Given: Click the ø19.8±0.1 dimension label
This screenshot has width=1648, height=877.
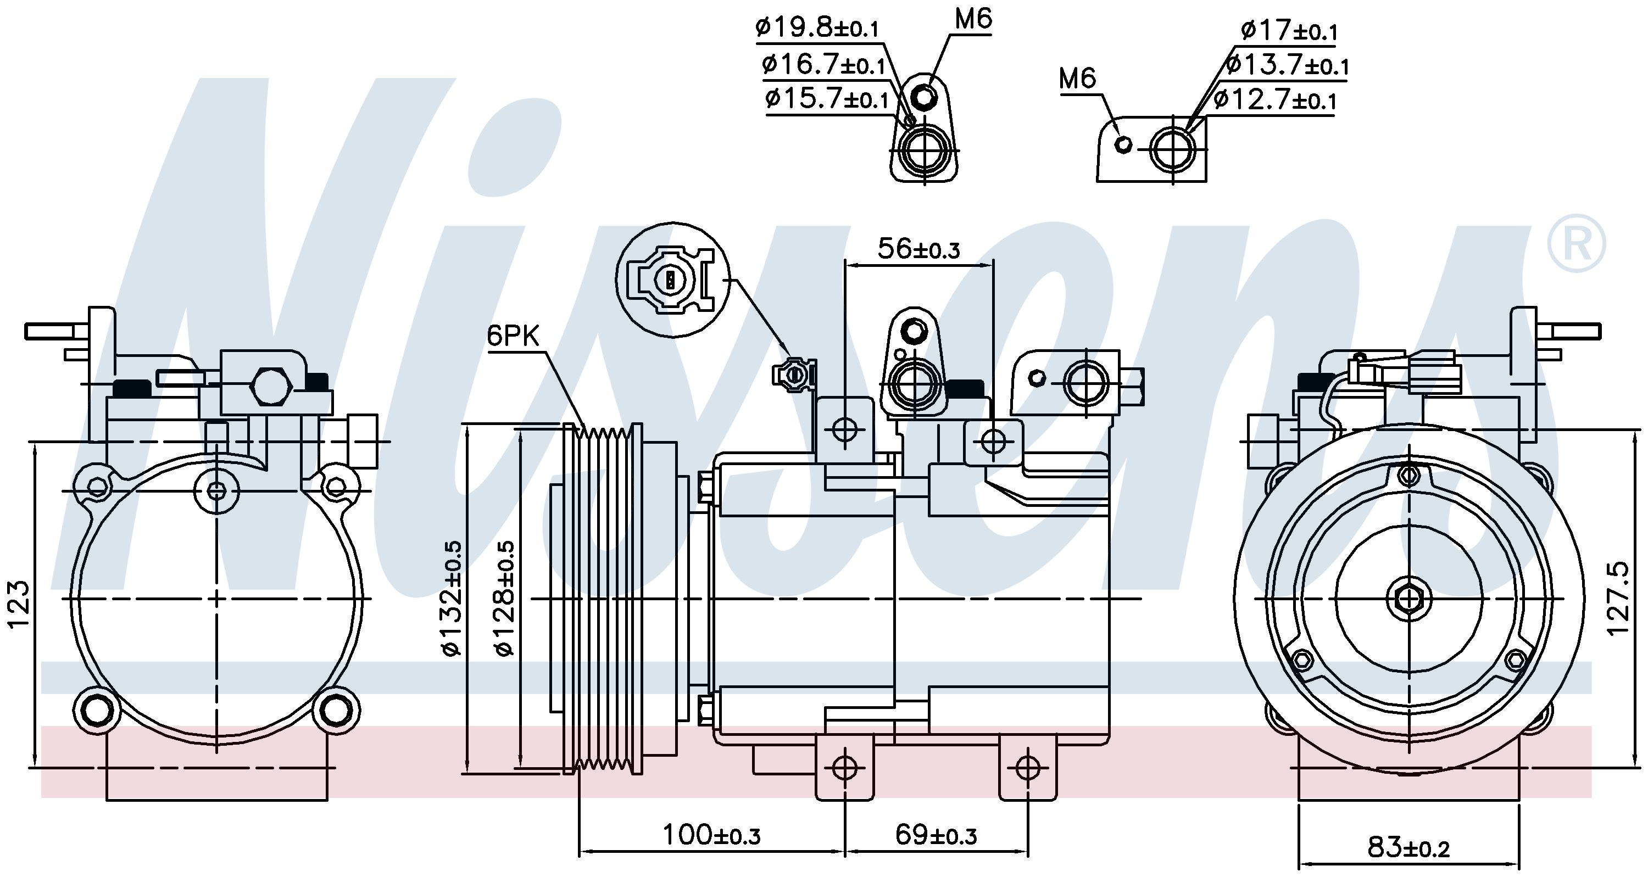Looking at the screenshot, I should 817,27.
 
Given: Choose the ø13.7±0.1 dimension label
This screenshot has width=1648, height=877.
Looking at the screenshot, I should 1287,65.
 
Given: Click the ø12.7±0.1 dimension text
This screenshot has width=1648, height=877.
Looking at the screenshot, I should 1274,100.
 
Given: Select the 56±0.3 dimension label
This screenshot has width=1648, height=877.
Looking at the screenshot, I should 918,248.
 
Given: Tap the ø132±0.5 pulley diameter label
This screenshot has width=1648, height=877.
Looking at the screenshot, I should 452,598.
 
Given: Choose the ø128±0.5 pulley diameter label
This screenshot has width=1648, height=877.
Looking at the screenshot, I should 505,598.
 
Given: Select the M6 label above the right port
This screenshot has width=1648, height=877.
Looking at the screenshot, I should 1077,78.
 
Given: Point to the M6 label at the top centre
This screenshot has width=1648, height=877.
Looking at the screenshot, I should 973,19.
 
